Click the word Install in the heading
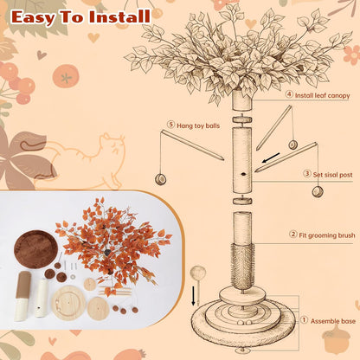coord(119,17)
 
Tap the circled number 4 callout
coord(289,94)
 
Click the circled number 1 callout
coord(304,320)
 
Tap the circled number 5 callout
coord(171,125)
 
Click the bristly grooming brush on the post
coord(242,266)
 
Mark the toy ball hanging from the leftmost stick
coord(161,179)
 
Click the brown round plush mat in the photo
coord(35,249)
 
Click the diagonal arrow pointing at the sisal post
coord(271,158)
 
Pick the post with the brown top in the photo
coord(22,296)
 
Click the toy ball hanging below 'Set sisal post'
coord(318,191)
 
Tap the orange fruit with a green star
coord(66,76)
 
